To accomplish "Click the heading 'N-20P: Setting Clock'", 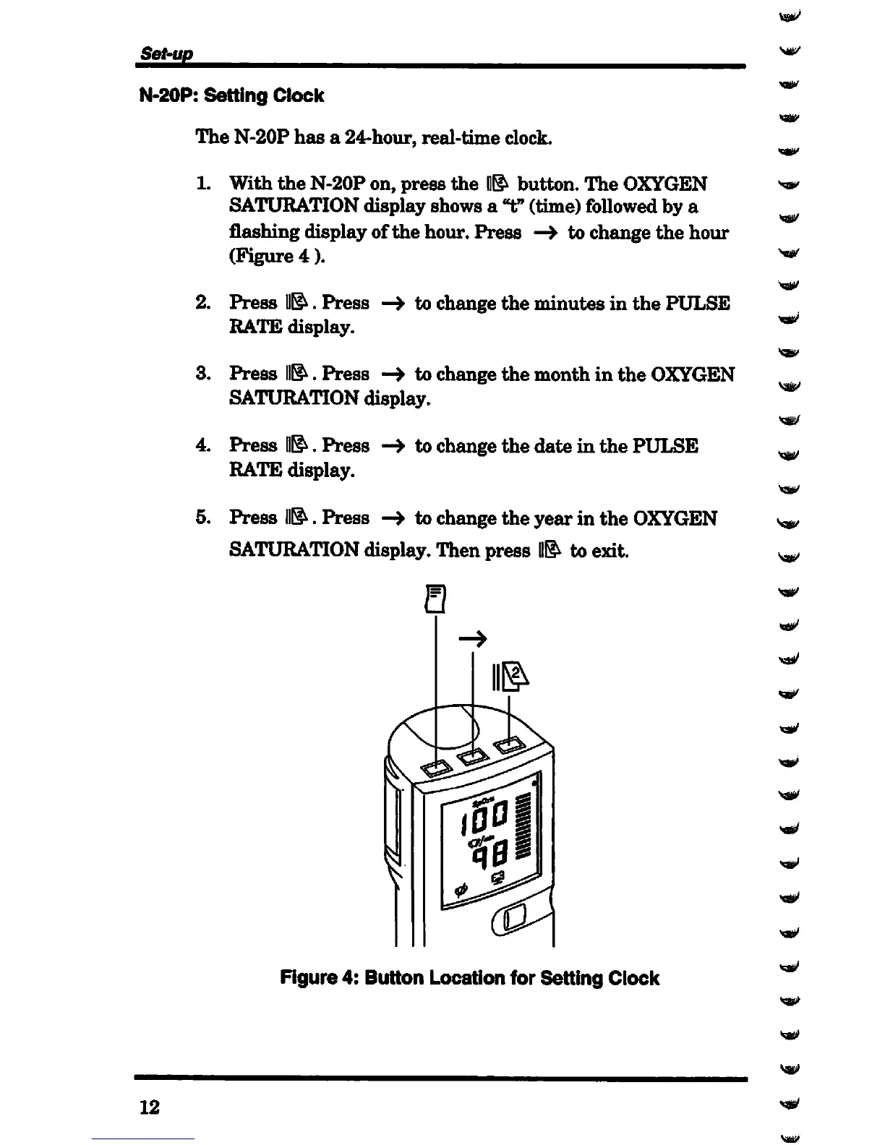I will pos(231,96).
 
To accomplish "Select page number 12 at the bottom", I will pos(150,1107).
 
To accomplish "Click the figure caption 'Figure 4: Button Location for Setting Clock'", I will pos(469,979).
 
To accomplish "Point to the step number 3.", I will pos(203,374).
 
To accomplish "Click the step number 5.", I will pos(203,518).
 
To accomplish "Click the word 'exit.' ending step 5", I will pos(610,551).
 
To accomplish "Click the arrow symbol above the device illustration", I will pos(474,638).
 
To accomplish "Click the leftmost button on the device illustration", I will pos(436,767).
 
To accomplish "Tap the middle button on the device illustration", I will pos(472,756).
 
